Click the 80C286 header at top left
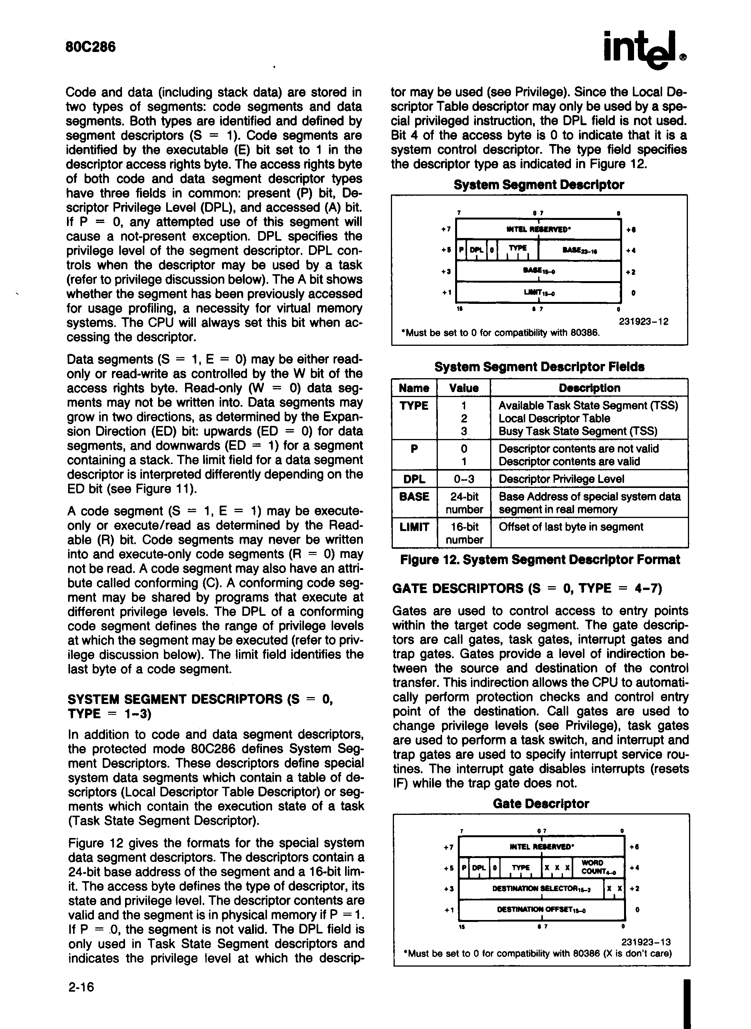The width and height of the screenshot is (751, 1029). (91, 47)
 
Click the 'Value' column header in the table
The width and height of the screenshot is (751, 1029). (464, 388)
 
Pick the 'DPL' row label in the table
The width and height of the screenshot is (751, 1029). (414, 479)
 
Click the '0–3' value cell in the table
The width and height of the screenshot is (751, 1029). (464, 479)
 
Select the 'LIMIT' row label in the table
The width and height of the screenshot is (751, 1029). (414, 527)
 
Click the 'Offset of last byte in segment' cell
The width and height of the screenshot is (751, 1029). (571, 527)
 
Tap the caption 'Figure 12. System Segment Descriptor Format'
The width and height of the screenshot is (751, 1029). (540, 560)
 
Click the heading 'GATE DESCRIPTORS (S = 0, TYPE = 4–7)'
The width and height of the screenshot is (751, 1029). (527, 589)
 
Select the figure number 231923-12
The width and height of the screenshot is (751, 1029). (644, 322)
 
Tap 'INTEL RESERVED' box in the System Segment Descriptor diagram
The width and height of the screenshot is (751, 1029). (539, 229)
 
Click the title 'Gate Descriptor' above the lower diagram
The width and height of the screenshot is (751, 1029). (541, 804)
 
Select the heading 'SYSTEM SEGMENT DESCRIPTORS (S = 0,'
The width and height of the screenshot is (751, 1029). (200, 699)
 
